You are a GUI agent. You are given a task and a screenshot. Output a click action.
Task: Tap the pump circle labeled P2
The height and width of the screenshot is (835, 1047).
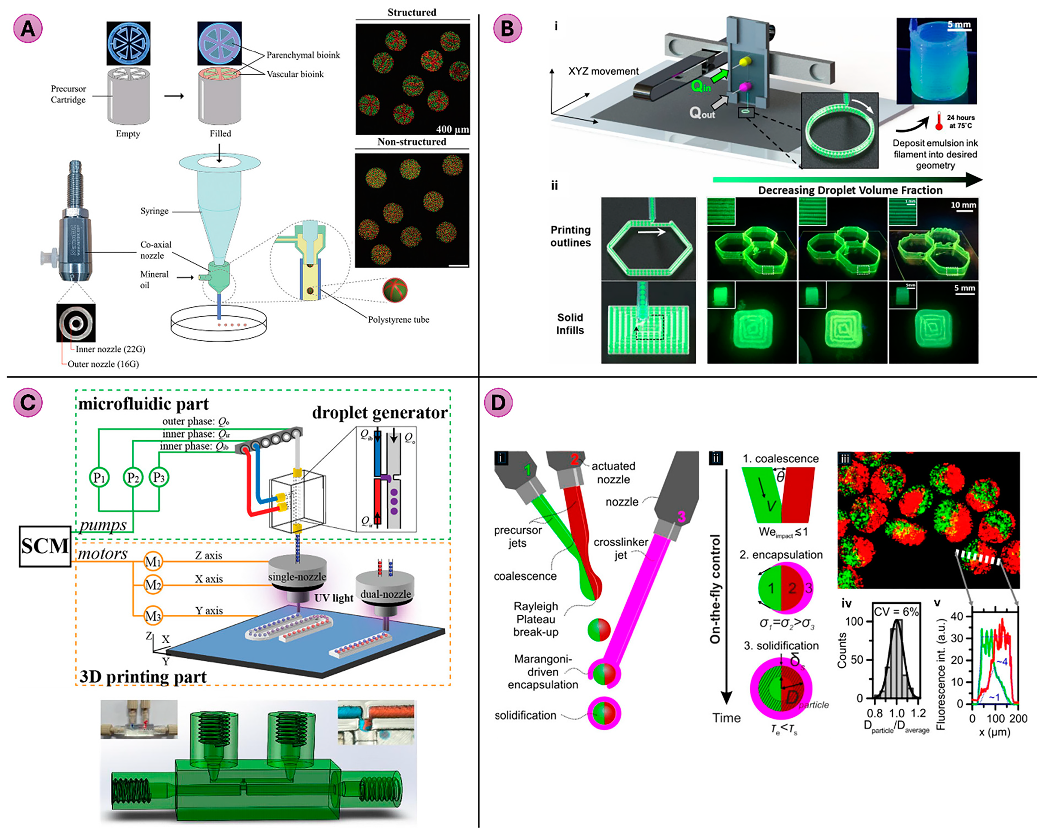[133, 478]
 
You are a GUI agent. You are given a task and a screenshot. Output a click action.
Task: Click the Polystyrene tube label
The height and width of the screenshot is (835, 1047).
[398, 319]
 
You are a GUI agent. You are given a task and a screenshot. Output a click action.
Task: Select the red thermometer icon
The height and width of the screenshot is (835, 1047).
[939, 121]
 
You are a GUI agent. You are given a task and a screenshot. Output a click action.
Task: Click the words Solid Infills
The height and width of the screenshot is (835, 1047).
[570, 324]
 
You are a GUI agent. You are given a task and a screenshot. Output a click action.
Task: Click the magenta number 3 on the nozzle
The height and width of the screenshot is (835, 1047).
[681, 517]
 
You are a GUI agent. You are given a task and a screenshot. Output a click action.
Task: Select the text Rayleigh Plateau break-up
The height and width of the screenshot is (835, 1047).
[536, 619]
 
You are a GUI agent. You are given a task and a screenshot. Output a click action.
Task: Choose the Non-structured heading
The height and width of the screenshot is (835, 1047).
[411, 142]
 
